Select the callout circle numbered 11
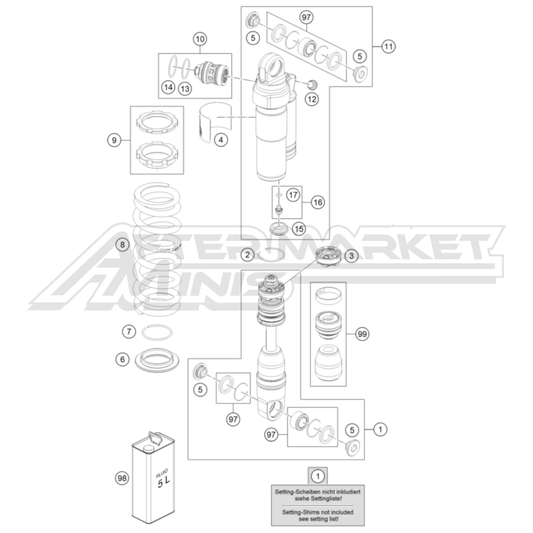388,46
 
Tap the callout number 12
312,99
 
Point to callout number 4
221,140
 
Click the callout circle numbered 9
114,140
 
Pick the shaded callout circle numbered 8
122,244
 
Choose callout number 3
351,256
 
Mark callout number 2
248,254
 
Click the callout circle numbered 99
363,334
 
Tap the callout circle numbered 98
122,478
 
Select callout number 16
318,202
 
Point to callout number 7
129,332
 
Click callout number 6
123,359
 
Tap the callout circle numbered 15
299,229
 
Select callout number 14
168,87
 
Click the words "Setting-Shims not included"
318,512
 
